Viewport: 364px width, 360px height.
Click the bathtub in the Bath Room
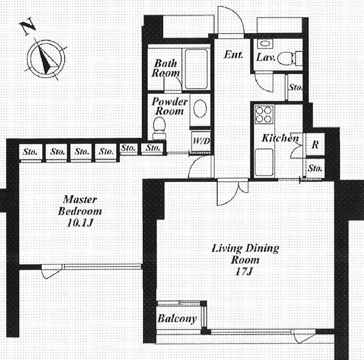click(x=196, y=69)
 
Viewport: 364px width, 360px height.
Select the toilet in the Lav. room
click(x=290, y=58)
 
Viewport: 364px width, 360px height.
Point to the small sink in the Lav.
click(x=264, y=43)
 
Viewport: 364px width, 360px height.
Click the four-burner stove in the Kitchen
click(x=264, y=114)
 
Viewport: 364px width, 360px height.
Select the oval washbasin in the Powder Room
click(x=200, y=109)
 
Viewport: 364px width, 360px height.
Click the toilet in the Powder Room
click(x=159, y=128)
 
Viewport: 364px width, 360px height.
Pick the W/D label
click(x=202, y=141)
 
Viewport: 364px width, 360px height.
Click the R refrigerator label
click(x=315, y=145)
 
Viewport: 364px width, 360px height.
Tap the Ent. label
click(x=233, y=55)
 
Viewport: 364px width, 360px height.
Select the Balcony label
click(x=177, y=318)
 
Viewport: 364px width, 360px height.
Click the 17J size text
click(x=244, y=271)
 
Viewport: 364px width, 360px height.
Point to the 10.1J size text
click(x=80, y=223)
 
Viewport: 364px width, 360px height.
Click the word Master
click(x=80, y=199)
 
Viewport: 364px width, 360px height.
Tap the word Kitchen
click(x=280, y=138)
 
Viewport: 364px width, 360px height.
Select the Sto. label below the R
click(x=315, y=168)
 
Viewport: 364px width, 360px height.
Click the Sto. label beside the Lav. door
click(x=295, y=87)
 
